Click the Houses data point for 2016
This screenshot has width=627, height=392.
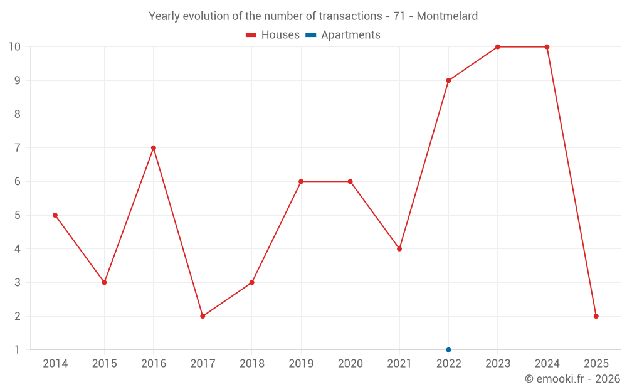pyautogui.click(x=154, y=148)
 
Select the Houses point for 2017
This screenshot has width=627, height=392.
pyautogui.click(x=203, y=316)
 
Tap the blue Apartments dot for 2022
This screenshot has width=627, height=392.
pyautogui.click(x=448, y=350)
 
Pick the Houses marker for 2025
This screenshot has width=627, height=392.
pyautogui.click(x=596, y=316)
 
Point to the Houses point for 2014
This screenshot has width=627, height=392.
pyautogui.click(x=55, y=215)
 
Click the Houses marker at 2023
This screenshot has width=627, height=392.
pyautogui.click(x=498, y=47)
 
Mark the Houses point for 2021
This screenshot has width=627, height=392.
pyautogui.click(x=399, y=249)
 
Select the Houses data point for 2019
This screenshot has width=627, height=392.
pyautogui.click(x=301, y=182)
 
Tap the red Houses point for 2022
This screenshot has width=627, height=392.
pyautogui.click(x=448, y=80)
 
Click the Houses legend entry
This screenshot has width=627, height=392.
pyautogui.click(x=273, y=35)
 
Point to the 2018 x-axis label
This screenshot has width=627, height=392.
pyautogui.click(x=251, y=364)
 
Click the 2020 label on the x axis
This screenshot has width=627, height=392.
pyautogui.click(x=350, y=364)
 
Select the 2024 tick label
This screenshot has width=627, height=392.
pyautogui.click(x=547, y=364)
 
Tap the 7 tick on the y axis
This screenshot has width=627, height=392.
pyautogui.click(x=18, y=148)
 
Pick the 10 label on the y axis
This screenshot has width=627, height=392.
pyautogui.click(x=14, y=47)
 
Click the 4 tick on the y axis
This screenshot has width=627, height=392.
pyautogui.click(x=18, y=249)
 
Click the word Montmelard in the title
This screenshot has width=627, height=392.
pyautogui.click(x=446, y=16)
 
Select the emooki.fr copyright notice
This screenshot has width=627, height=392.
pyautogui.click(x=572, y=379)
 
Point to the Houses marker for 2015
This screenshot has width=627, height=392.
pyautogui.click(x=104, y=282)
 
